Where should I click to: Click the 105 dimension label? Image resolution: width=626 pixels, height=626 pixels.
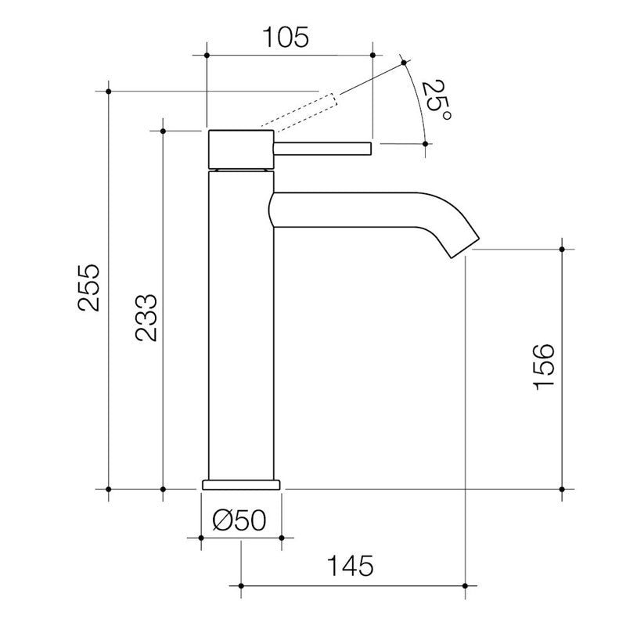click(287, 36)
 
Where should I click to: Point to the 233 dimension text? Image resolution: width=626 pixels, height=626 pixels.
click(146, 318)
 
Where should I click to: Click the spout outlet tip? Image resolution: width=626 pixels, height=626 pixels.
click(462, 246)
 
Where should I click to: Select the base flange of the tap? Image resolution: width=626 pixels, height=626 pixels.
click(241, 483)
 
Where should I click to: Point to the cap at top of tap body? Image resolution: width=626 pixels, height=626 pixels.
click(241, 148)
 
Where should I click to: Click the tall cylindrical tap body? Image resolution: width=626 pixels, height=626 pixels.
click(241, 329)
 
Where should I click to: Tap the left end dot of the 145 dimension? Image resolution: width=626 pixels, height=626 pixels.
click(241, 585)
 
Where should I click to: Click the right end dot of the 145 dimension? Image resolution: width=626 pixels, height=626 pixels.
click(466, 585)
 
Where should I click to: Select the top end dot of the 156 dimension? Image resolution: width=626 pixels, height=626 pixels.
click(562, 249)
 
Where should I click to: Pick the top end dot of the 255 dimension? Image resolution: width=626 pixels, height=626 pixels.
click(109, 92)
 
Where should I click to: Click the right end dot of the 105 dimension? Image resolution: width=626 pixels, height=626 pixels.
click(372, 56)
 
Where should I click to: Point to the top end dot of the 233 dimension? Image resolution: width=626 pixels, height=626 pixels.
click(163, 130)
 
